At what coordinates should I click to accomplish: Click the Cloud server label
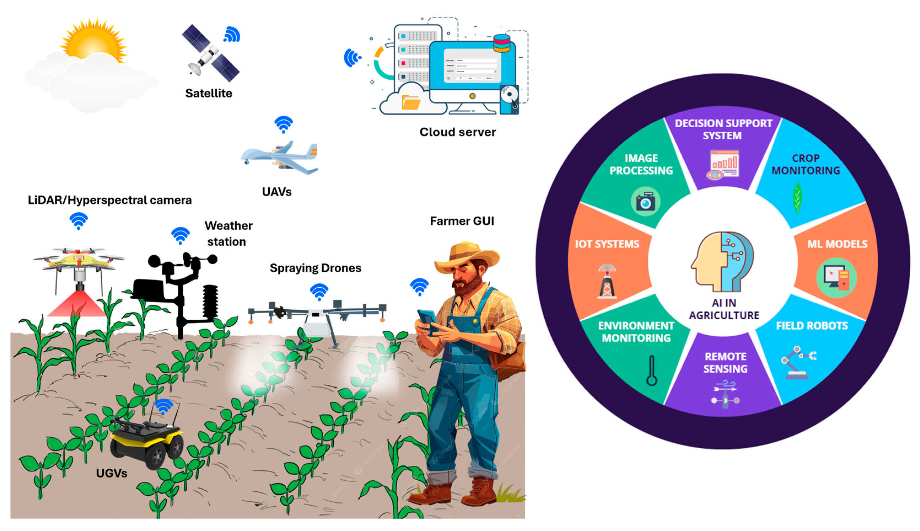[x=457, y=132]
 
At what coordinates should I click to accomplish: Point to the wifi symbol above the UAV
[x=284, y=124]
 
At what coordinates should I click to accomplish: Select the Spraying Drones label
[x=315, y=268]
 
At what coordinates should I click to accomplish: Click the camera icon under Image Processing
[x=645, y=202]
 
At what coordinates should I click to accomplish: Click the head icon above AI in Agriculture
[x=723, y=262]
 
